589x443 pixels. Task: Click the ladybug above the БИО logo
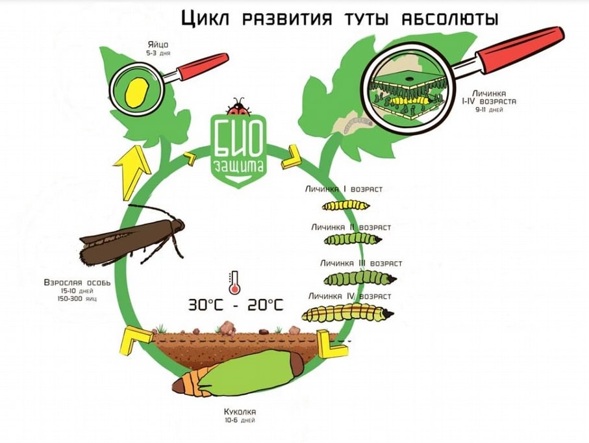pyautogui.click(x=238, y=106)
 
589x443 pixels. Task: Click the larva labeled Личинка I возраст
pyautogui.click(x=346, y=205)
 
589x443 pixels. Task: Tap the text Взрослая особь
pyautogui.click(x=77, y=284)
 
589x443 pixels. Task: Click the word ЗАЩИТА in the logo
pyautogui.click(x=240, y=166)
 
